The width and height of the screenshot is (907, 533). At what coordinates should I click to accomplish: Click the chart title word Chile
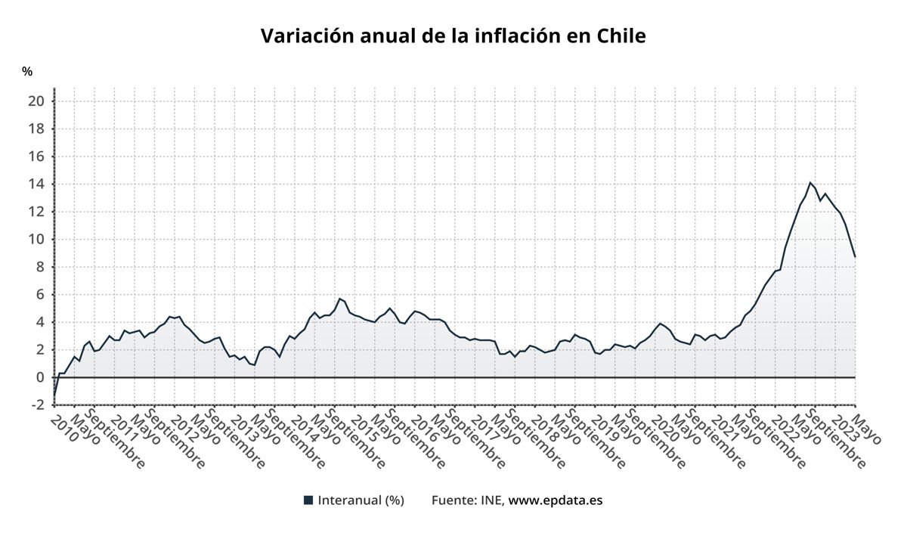(x=621, y=36)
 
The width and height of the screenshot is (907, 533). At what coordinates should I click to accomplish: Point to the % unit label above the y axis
(x=27, y=72)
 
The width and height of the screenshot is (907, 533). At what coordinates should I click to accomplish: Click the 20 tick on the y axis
(x=38, y=101)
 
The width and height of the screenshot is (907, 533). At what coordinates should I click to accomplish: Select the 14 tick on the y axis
(x=38, y=184)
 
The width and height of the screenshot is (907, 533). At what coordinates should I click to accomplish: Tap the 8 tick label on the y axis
(x=41, y=267)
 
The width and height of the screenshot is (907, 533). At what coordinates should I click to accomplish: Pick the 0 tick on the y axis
(x=41, y=377)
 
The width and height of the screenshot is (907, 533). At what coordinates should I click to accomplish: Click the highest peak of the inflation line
(x=809, y=182)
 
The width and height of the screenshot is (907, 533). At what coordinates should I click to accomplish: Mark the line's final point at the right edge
(x=855, y=257)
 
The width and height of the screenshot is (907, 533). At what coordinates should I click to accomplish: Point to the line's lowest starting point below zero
(x=54, y=395)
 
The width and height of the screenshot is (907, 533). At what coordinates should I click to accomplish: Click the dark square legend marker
(x=308, y=500)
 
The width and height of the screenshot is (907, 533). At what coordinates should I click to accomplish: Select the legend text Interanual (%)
(x=361, y=500)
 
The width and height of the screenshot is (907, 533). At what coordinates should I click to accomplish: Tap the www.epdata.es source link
(x=556, y=500)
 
